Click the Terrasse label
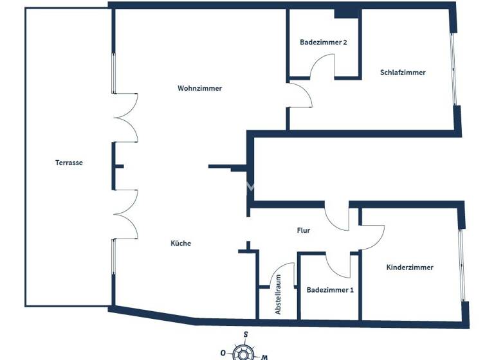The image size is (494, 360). coord(69,163)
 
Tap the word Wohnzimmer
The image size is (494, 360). coord(199,89)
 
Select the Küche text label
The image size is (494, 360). coord(181,243)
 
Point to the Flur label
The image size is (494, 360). coord(304,230)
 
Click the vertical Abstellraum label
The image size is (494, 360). coord(279,294)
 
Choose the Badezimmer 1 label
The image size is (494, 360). coord(330,290)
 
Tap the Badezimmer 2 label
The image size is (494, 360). coord(324,42)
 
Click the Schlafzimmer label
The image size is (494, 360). coord(403,73)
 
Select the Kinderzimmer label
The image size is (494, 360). coord(410,267)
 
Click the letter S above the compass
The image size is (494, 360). coord(245,334)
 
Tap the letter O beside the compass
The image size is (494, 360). coord(223,353)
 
